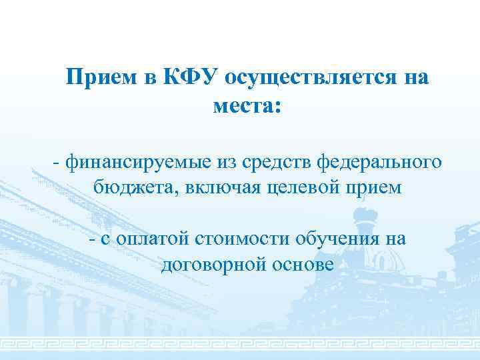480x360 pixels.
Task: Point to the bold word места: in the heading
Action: [x=247, y=105]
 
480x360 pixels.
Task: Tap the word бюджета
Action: [x=132, y=187]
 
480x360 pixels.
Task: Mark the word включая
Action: [x=213, y=187]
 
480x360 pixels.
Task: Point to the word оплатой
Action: [x=151, y=239]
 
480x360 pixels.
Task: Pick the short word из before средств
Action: [x=226, y=161]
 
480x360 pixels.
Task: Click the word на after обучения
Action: [x=393, y=239]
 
